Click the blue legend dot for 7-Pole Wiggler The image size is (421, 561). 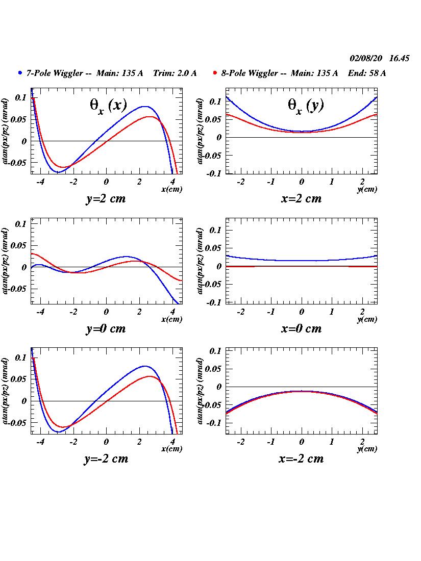point(20,73)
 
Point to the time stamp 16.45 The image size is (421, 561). point(399,58)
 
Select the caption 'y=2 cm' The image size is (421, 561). point(106,199)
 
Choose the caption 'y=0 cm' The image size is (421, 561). point(106,328)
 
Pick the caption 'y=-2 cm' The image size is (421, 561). point(106,458)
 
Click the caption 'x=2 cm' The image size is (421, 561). point(301,199)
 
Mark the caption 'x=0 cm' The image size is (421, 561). point(301,328)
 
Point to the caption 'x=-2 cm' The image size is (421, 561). point(301,458)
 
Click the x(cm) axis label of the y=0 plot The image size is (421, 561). point(171,319)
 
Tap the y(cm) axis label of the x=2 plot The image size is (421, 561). point(367,190)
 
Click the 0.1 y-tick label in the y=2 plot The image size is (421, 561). point(20,96)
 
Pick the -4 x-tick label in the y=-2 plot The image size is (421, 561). point(40,442)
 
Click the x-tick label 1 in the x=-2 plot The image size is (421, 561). point(332,442)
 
